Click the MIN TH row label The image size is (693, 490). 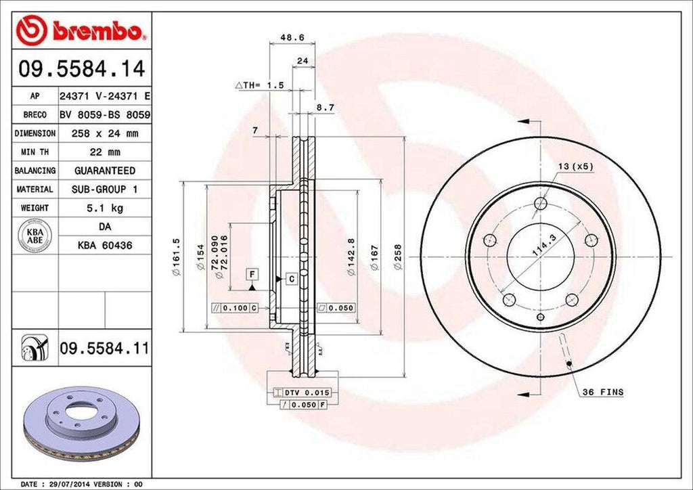click(x=34, y=152)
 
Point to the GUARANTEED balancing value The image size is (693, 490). click(x=104, y=171)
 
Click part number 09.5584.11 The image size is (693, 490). click(x=104, y=349)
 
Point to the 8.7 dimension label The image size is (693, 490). click(x=326, y=108)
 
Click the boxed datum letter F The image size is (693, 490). click(x=252, y=273)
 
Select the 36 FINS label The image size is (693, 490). click(x=602, y=392)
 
